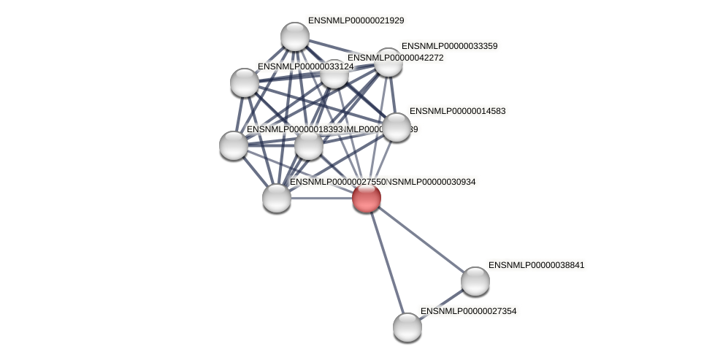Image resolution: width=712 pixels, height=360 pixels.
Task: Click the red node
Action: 366,197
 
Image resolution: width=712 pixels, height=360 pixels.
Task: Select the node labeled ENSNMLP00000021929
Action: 295,37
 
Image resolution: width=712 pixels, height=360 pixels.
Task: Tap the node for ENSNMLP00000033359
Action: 388,63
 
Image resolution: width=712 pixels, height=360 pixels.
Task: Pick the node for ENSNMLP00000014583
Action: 397,127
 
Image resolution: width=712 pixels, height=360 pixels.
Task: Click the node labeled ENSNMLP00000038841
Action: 475,281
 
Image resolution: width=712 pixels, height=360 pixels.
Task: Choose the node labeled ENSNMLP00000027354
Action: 407,326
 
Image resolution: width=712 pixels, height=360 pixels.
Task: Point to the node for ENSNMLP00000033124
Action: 245,83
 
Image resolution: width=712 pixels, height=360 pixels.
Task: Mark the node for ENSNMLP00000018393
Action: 234,145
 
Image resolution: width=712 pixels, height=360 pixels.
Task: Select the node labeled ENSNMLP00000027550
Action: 277,197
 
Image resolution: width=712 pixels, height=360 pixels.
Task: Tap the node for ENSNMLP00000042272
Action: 334,74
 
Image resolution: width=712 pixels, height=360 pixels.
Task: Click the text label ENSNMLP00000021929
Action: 356,20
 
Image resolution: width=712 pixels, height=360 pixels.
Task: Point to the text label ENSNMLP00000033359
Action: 449,46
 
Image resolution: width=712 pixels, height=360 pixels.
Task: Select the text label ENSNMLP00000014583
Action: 457,111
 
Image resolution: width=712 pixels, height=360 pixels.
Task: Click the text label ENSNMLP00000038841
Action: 536,265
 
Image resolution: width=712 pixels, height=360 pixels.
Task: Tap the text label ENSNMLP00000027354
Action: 468,311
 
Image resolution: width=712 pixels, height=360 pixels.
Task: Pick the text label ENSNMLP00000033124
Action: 305,66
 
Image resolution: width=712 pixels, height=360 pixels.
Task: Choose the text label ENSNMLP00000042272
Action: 395,58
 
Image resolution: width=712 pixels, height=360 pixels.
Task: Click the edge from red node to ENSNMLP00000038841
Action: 421,240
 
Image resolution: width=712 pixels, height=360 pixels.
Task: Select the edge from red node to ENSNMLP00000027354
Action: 386,261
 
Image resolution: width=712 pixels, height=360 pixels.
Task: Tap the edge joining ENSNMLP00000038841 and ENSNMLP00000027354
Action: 441,304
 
